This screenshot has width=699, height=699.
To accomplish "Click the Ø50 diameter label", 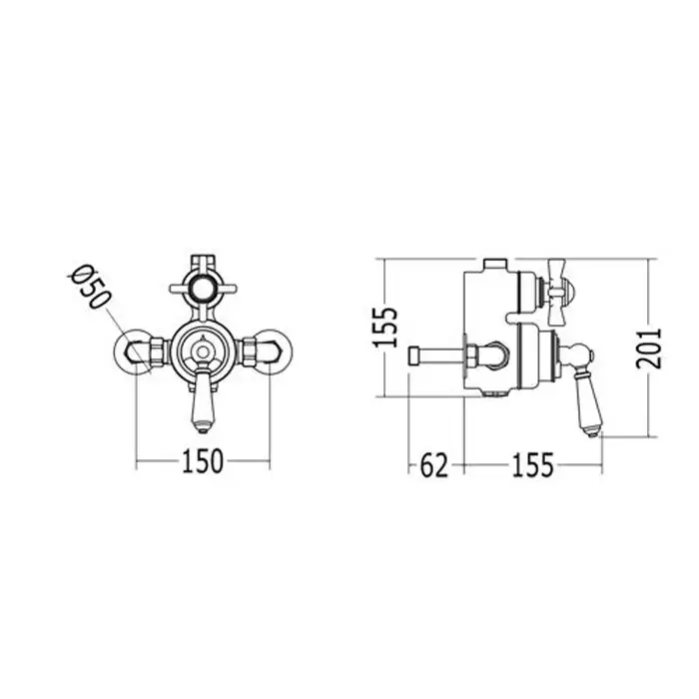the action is click(x=89, y=287).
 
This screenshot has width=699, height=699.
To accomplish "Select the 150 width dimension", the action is click(x=202, y=461).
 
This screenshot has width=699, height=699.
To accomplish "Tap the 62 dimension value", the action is click(x=433, y=465).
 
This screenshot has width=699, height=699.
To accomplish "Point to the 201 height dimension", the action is click(x=649, y=349).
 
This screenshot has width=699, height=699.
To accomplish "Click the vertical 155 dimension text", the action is click(x=384, y=327).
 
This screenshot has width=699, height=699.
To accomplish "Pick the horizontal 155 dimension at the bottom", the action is click(x=532, y=465).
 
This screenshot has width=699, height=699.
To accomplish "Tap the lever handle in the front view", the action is click(x=203, y=399).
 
